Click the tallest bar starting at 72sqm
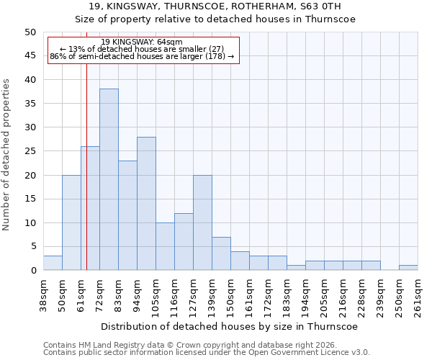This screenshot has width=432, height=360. coord(109,179)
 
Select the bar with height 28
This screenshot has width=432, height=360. coord(146,203)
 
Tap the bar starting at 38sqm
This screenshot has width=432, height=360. coord(53,263)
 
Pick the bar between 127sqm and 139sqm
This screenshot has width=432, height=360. coord(202,222)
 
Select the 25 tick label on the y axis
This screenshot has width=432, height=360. coord(30,151)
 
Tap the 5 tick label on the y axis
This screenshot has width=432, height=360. coord(32,246)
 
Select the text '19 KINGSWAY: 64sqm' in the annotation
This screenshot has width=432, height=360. coord(142,42)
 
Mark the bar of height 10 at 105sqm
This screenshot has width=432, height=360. coord(165,246)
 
